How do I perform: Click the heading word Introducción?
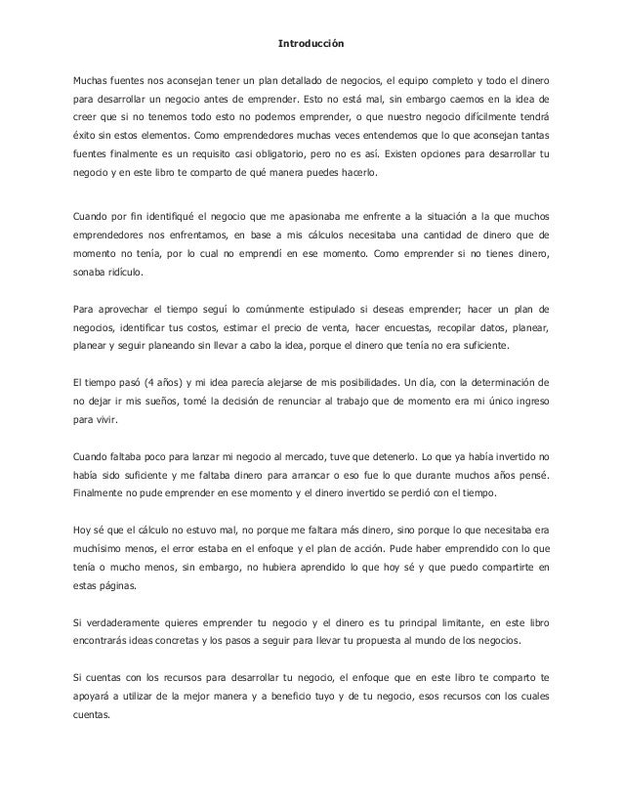(x=311, y=43)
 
